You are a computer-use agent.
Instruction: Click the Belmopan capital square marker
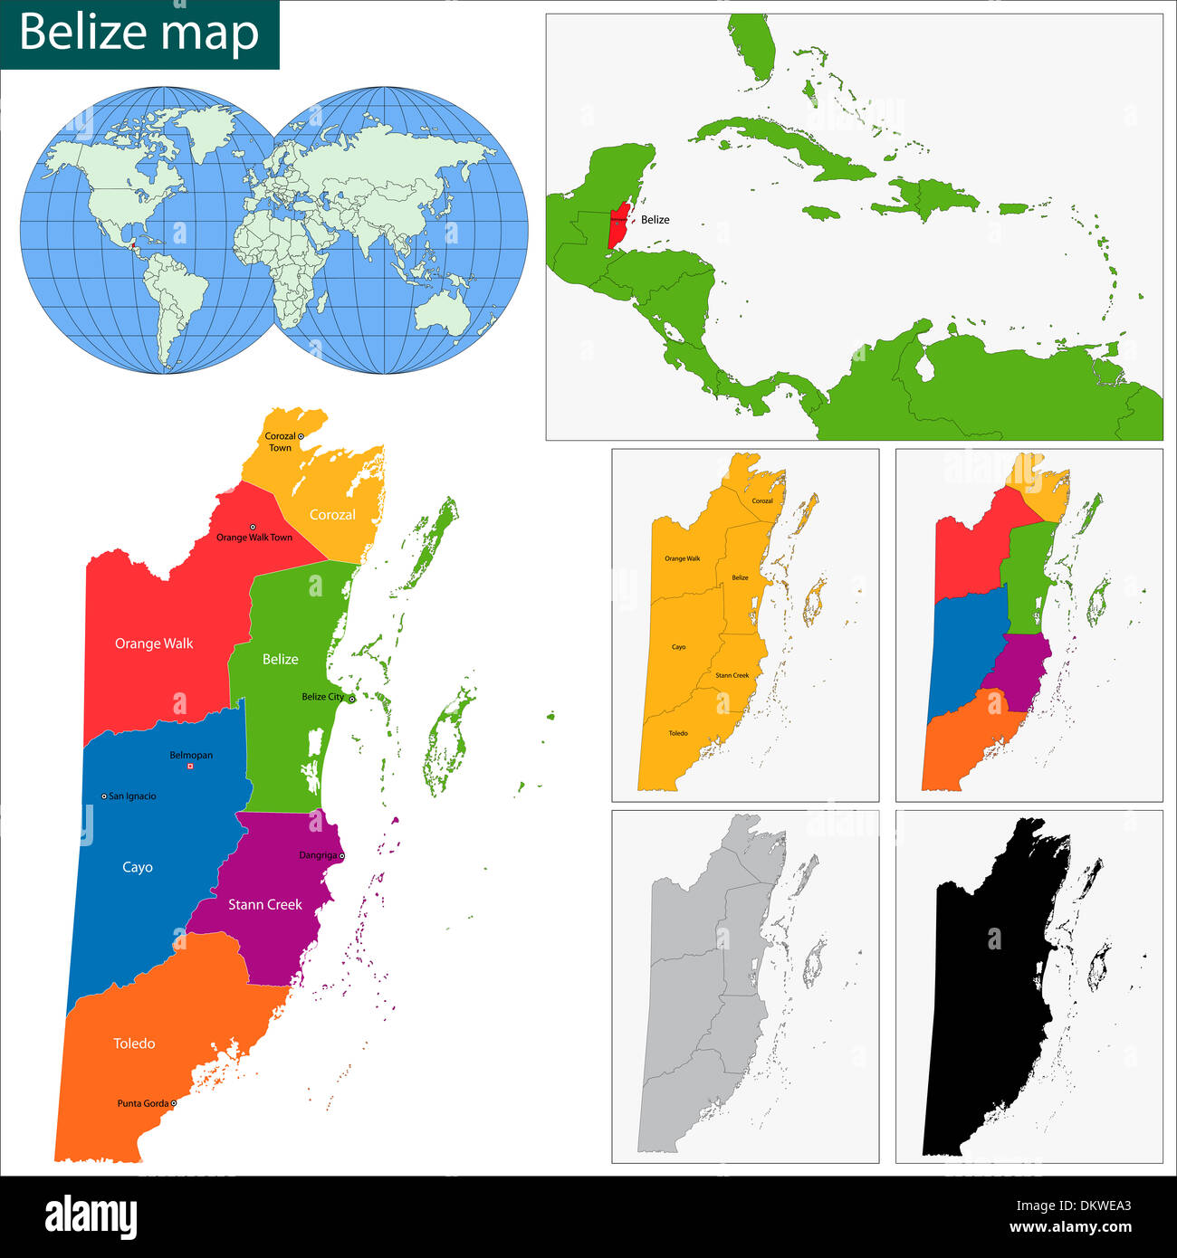coord(190,767)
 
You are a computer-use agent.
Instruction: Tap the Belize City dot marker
coord(352,699)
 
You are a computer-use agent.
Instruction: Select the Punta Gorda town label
coord(143,1103)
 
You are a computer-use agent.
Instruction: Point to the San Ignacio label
coord(132,796)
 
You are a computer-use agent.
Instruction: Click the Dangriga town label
coord(318,855)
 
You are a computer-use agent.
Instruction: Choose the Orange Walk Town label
coord(254,538)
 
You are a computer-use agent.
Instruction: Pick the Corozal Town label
coord(280,442)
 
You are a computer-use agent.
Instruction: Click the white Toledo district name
coord(134,1044)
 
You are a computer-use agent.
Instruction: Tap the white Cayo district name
coord(138,867)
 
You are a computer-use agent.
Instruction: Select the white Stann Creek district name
coord(265,904)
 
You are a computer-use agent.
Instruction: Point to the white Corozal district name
coord(332,514)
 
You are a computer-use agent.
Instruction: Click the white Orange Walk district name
coord(154,643)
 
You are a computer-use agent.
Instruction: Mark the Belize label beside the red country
coord(655,220)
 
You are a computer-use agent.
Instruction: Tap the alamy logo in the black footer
coord(91,1216)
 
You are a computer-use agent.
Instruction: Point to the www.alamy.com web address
coord(1070,1228)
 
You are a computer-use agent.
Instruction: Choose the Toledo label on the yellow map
coord(678,733)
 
